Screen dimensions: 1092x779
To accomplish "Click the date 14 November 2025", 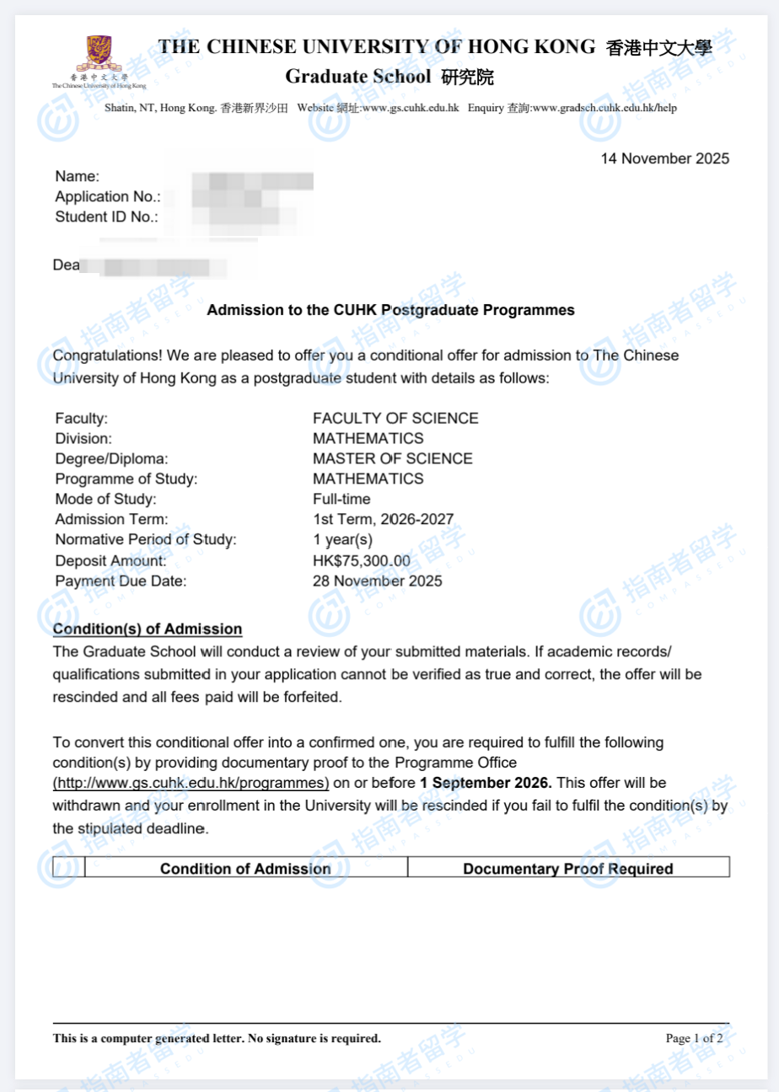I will [664, 158].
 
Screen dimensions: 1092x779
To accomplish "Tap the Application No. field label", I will [107, 197].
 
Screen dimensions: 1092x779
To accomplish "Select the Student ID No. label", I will [105, 217].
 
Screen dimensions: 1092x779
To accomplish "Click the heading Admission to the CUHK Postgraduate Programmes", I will [390, 310].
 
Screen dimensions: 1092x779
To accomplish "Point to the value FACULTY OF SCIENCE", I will [395, 419].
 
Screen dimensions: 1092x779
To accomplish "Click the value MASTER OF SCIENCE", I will [392, 459].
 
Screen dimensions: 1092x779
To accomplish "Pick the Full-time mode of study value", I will [341, 500].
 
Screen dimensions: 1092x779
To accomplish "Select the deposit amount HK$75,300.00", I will [361, 561].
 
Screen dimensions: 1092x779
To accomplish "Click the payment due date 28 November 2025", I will [377, 581].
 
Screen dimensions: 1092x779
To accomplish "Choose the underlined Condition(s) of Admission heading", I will [148, 629].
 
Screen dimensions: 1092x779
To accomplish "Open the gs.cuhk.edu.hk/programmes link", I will [191, 784].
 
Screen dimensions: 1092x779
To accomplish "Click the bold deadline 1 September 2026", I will [486, 784].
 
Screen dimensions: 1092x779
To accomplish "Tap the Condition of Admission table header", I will [245, 869].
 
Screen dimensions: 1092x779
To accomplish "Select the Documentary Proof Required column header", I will [567, 869].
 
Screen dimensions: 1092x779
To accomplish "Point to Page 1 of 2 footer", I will [693, 1038].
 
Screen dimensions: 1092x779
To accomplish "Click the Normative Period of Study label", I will [146, 540].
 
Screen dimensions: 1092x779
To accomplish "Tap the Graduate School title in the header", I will [338, 78].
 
